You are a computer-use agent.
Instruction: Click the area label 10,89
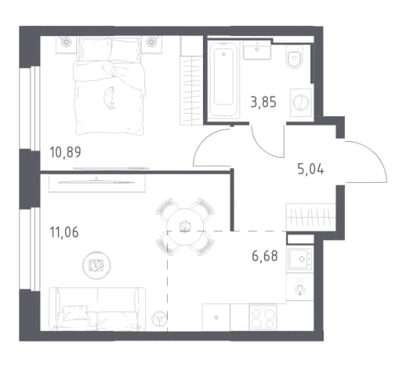[65, 153]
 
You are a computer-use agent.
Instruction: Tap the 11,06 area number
[64, 232]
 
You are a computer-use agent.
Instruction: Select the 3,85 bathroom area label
[263, 102]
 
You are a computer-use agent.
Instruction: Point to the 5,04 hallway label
[311, 169]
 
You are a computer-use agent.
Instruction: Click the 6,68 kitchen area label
[265, 256]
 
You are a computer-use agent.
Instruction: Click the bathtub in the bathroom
[223, 80]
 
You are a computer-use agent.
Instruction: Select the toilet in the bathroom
[295, 56]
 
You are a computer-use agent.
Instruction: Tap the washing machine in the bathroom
[301, 102]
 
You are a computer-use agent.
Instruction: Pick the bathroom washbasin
[257, 49]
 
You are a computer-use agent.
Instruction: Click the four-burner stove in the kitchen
[263, 318]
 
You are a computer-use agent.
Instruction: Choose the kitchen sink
[300, 259]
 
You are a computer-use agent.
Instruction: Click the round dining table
[185, 227]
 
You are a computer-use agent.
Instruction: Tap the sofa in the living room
[97, 309]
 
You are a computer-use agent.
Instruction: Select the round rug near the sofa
[96, 265]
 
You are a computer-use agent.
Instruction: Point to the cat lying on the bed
[110, 98]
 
